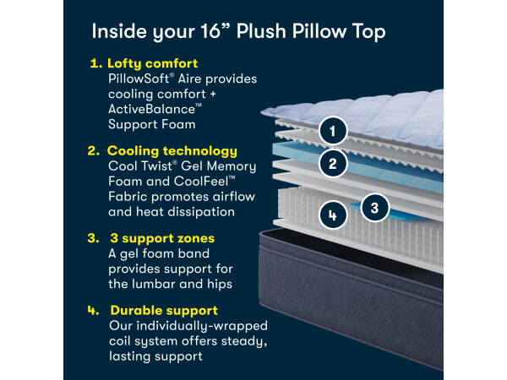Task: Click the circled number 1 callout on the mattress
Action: point(333,131)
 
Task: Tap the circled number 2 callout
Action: point(333,163)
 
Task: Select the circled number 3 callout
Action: point(374,208)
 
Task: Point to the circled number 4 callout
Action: point(333,214)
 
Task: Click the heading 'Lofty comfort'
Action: point(152,63)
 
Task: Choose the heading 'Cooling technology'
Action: point(172,151)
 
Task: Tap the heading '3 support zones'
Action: point(162,238)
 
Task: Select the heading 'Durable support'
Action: point(164,311)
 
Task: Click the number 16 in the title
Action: point(210,32)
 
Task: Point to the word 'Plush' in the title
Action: point(261,32)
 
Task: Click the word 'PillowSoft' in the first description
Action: point(139,79)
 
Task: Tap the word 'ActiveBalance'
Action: point(151,109)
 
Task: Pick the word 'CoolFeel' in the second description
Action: point(201,182)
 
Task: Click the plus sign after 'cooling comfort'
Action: point(213,95)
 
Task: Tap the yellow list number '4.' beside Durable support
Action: point(93,311)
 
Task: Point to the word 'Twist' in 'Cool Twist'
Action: point(156,166)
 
